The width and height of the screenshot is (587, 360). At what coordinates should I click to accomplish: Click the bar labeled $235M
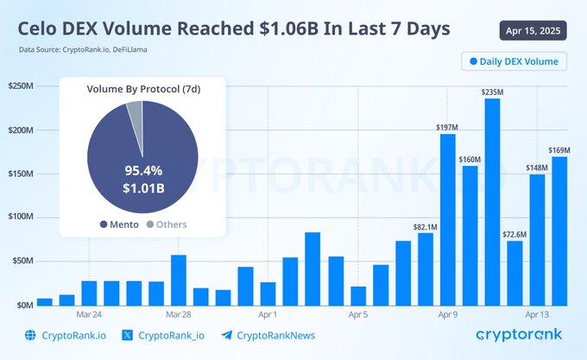[x=492, y=202]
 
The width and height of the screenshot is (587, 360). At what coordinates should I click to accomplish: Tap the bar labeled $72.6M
[x=514, y=273]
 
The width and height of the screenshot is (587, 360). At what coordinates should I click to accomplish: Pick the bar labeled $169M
[x=559, y=231]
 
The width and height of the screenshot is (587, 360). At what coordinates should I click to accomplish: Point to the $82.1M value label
[x=425, y=227]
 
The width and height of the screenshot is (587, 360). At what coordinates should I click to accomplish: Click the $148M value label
[x=537, y=167]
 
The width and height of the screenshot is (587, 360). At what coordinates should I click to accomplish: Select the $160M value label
[x=470, y=159]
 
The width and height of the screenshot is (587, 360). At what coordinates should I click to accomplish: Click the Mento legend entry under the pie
[x=112, y=224]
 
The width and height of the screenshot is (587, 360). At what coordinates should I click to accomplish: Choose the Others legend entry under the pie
[x=166, y=224]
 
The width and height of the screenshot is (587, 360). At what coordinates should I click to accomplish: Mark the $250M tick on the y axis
[x=21, y=86]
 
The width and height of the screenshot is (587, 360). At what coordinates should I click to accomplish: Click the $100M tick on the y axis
[x=21, y=218]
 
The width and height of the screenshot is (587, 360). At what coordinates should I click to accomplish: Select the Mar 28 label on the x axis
[x=178, y=314]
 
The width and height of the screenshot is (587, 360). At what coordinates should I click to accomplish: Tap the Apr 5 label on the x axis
[x=357, y=314]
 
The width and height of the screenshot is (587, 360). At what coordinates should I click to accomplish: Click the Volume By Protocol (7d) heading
[x=142, y=89]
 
